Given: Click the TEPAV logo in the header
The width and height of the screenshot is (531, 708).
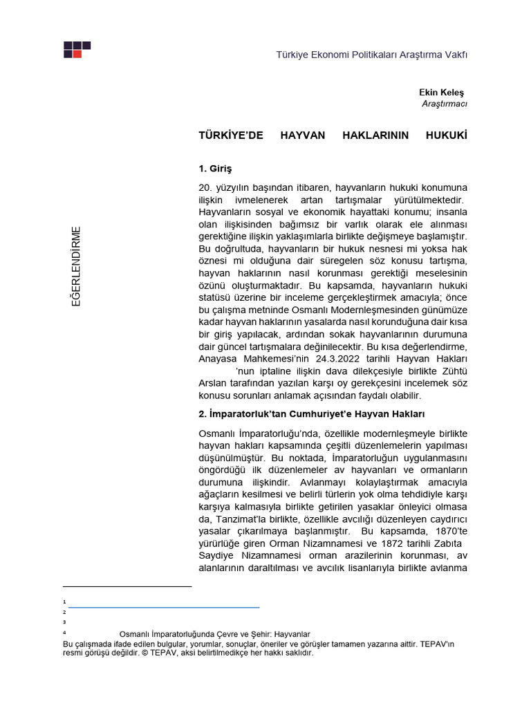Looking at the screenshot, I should click(77, 49).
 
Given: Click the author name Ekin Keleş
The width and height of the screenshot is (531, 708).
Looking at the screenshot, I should click(442, 92).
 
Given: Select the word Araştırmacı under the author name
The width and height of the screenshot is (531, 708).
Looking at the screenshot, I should click(445, 104).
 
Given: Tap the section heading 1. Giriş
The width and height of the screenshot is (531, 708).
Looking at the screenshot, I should click(214, 168).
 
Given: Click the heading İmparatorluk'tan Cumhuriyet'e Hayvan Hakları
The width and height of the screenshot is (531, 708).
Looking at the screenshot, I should click(311, 414).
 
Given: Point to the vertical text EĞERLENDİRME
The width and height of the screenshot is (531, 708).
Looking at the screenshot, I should click(77, 266).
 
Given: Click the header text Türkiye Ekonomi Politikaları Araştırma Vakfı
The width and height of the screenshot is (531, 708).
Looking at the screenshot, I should click(372, 55).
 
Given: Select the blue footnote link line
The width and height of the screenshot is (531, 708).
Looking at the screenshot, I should click(164, 607).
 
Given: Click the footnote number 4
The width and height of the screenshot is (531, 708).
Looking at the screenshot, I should click(64, 633).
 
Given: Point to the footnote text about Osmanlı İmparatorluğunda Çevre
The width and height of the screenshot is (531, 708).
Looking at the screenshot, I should click(214, 633).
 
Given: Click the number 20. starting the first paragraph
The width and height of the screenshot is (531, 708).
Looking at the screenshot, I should click(205, 187).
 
